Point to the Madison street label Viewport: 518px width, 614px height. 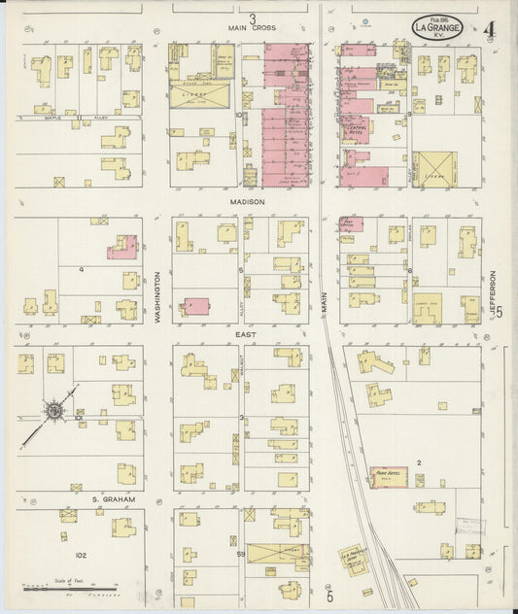(x=248, y=201)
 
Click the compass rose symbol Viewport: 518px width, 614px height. (x=54, y=412)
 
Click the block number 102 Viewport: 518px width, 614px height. (x=81, y=555)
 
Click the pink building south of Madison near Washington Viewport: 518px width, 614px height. (x=197, y=306)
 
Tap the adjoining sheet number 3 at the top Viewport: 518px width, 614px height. (x=252, y=17)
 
